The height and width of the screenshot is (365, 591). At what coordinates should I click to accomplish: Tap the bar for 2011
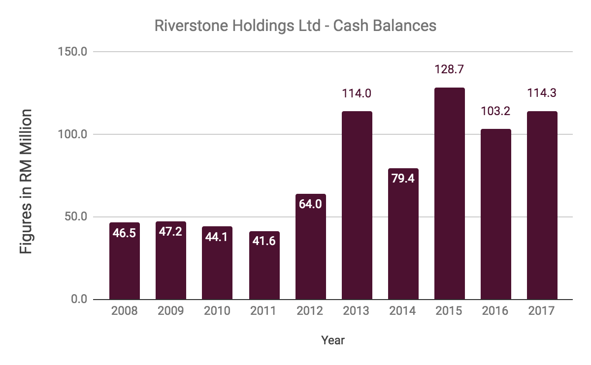(x=264, y=265)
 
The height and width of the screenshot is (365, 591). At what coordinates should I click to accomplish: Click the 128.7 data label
(x=449, y=69)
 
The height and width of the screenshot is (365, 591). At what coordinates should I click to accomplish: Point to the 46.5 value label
(x=125, y=233)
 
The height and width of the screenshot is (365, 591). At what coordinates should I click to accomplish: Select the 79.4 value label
(x=403, y=179)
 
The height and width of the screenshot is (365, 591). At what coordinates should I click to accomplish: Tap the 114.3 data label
(x=542, y=92)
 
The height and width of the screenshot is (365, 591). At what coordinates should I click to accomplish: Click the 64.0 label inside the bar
(x=310, y=204)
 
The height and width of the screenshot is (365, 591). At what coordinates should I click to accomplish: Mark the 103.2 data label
(x=495, y=110)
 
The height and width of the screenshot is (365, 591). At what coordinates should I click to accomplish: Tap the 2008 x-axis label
(x=125, y=311)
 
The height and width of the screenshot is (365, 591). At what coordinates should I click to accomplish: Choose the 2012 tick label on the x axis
(x=310, y=311)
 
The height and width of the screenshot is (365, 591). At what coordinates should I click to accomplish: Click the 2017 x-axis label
(x=542, y=311)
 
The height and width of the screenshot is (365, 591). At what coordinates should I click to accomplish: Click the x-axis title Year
(x=333, y=340)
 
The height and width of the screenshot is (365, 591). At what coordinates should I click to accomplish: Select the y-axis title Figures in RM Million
(x=26, y=182)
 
